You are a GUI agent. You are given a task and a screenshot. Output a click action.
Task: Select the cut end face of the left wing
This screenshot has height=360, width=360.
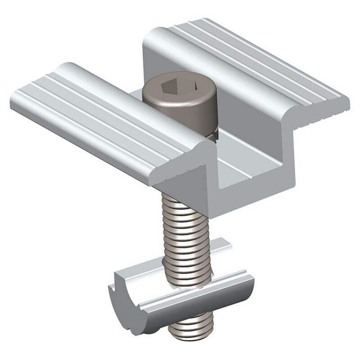tap(180, 173)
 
